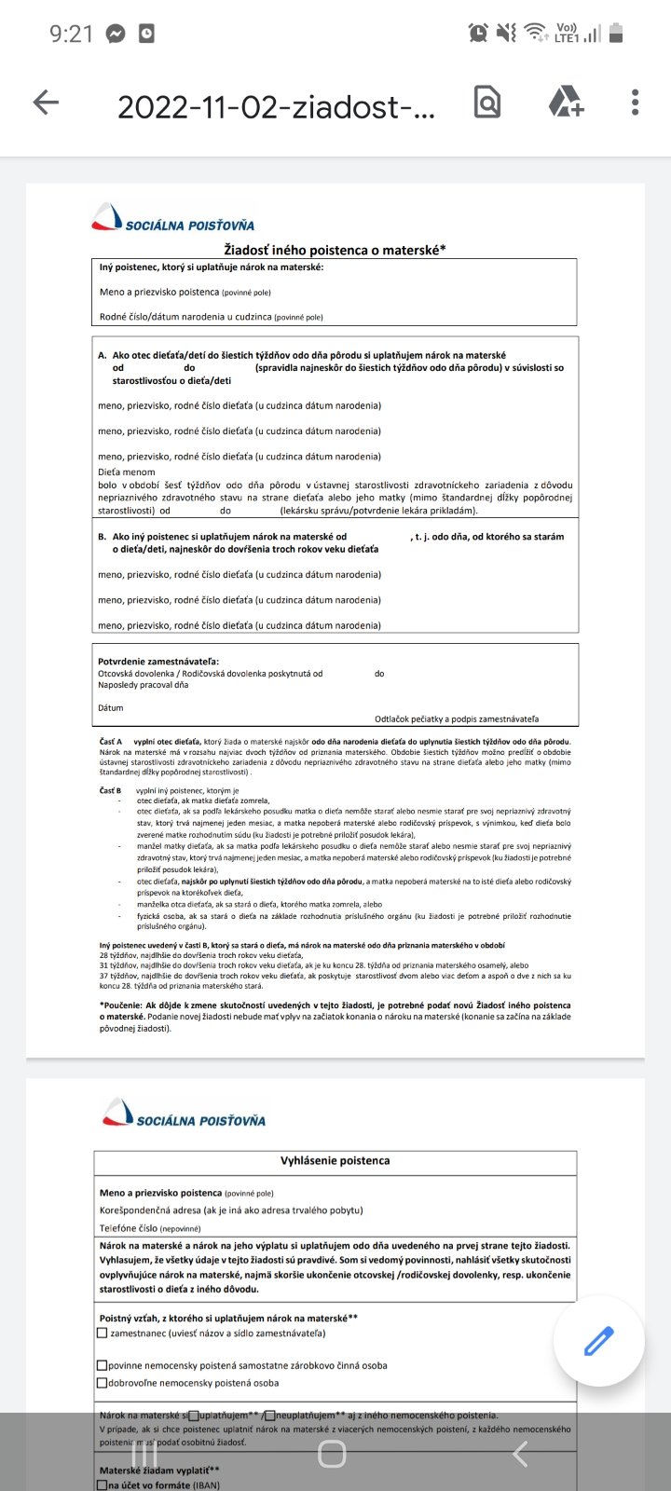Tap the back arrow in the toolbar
(x=46, y=103)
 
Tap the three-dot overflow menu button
(x=635, y=103)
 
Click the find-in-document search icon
(x=487, y=103)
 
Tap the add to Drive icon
(x=566, y=103)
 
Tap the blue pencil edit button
(x=598, y=1341)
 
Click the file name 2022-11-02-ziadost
(x=276, y=108)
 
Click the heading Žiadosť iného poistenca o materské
(x=335, y=249)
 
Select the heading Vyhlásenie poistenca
(x=335, y=1161)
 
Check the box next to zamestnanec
(x=103, y=1334)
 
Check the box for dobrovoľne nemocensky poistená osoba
(x=103, y=1383)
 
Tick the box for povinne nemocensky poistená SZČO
(x=103, y=1365)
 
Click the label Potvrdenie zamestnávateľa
(x=158, y=662)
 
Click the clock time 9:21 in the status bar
(x=71, y=34)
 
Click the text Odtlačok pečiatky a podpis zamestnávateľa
(x=457, y=718)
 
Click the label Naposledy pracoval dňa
(x=143, y=685)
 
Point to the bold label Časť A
(x=111, y=741)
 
